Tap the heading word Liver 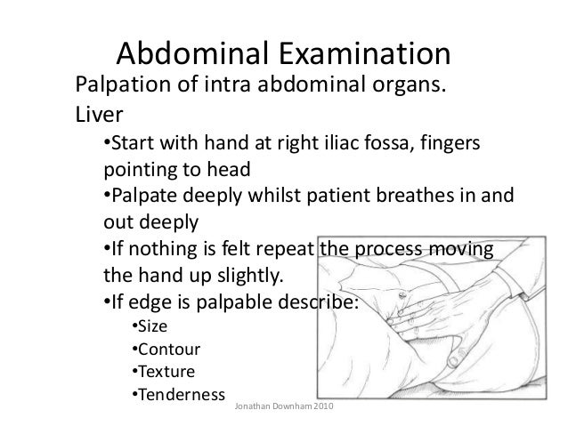click(x=96, y=116)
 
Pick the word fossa click(x=394, y=144)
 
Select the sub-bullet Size click(x=158, y=326)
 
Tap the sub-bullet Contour click(x=172, y=348)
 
